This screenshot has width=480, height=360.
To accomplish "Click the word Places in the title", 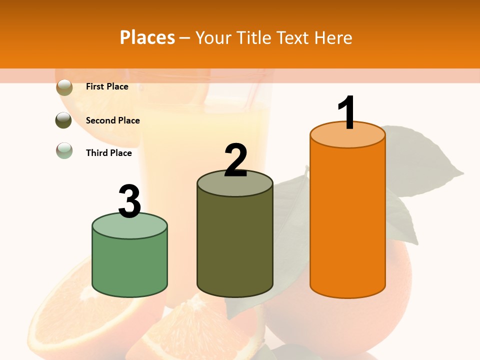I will (147, 37).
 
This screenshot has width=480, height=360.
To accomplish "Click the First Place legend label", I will (107, 86).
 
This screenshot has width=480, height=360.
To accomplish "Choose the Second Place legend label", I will (112, 120).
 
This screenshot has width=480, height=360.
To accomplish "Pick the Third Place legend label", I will (108, 153).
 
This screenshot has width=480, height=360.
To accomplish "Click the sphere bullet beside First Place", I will (64, 87).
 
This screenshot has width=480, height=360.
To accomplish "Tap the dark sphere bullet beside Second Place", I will (63, 120).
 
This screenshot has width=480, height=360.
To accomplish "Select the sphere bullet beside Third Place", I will (64, 150).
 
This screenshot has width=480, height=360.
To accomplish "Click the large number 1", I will (347, 113).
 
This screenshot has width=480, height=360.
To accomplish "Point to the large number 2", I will (235, 160).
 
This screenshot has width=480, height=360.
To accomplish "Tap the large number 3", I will (129, 201).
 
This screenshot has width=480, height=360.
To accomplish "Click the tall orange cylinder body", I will (347, 220).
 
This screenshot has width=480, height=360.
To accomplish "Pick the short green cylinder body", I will (129, 262).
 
